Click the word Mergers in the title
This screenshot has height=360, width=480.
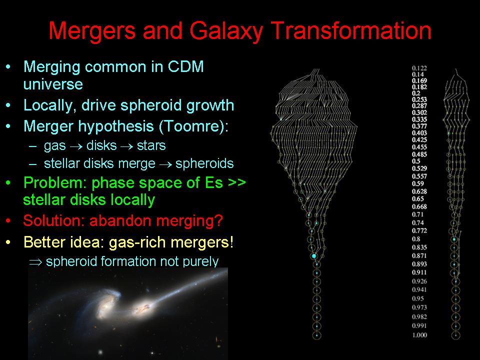[92, 30]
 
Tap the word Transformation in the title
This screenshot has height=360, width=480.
[351, 30]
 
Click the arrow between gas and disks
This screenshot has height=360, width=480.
[76, 146]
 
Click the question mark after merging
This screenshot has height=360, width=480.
[219, 220]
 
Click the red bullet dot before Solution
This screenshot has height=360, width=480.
[8, 220]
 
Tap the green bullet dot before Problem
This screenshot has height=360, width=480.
[8, 183]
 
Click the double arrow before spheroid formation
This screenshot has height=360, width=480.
[35, 262]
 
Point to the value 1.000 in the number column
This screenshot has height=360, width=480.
[419, 335]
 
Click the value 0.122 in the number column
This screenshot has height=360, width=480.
[419, 68]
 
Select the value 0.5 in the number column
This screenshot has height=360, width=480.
[416, 161]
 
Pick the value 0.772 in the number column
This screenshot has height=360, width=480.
[419, 230]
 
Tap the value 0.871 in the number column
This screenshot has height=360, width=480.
[419, 255]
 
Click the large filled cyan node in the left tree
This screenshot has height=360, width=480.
[314, 255]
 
